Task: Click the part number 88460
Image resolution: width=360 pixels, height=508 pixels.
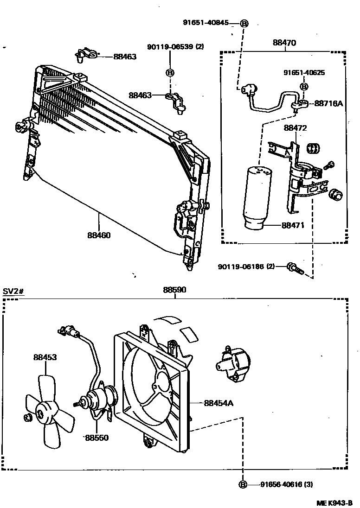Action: tap(98, 235)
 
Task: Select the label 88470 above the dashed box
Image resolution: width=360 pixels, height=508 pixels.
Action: tap(284, 43)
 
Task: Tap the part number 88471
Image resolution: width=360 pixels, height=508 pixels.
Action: tap(293, 225)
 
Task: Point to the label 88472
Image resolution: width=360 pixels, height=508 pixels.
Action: tap(296, 127)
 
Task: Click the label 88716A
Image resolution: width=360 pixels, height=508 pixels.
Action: tap(328, 103)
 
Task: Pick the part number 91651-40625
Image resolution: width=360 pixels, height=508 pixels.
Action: tap(304, 72)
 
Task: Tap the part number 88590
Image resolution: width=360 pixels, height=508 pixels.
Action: tap(174, 290)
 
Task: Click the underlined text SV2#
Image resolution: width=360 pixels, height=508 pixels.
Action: tap(13, 291)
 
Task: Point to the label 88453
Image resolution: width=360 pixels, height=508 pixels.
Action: tap(45, 357)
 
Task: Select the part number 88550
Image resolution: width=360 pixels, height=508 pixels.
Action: tap(96, 438)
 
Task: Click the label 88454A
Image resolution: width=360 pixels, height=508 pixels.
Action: tap(219, 403)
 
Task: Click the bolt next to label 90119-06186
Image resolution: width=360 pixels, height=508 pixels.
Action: tap(293, 267)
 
